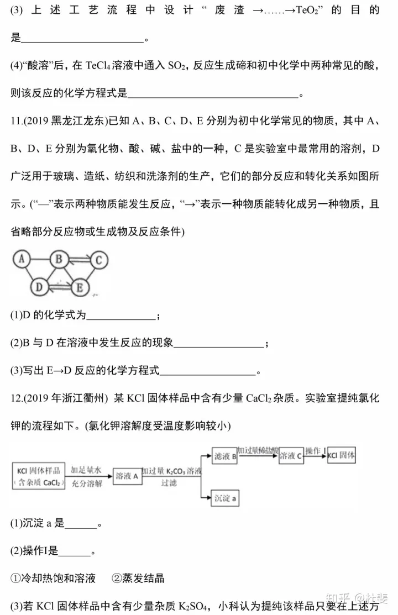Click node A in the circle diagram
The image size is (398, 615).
pos(22,258)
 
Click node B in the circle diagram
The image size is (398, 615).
pos(58,259)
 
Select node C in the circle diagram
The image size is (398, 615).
pos(98,259)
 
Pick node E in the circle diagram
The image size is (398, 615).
pos(80,287)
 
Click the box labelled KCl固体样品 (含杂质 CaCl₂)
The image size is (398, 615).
pos(38,475)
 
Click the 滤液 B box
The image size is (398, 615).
pos(225,456)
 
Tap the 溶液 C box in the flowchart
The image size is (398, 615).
pos(291,456)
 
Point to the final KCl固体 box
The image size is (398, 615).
pos(341,456)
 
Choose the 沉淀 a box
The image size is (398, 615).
pos(225,498)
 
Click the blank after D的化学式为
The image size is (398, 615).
pos(122,316)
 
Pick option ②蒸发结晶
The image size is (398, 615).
pos(138,578)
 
